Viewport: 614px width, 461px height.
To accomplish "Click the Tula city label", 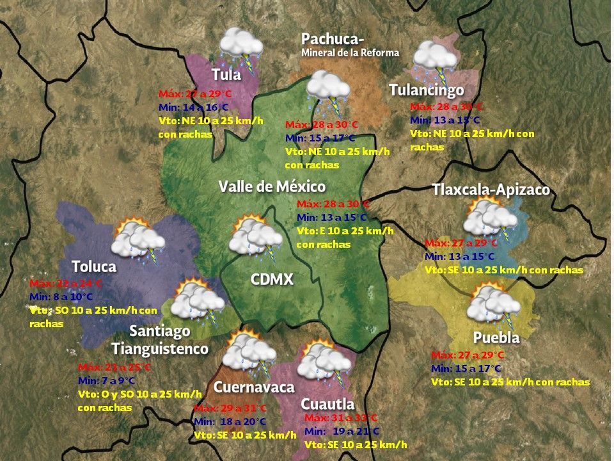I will coord(226,75).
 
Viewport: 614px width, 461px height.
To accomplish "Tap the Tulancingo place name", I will coord(427,90).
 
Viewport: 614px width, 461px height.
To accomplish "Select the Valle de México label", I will coord(272,187).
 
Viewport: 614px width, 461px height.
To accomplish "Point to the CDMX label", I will coord(272,280).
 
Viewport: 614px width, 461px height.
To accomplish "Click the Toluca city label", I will coord(94,266).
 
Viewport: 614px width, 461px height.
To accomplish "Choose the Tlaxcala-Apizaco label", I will coord(491,190).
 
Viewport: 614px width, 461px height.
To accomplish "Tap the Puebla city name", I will coord(496,337).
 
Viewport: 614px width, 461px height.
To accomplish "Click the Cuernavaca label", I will coord(254,387).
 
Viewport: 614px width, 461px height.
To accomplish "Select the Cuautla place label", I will coord(327,404).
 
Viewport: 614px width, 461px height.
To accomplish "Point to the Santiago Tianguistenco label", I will coord(160,340).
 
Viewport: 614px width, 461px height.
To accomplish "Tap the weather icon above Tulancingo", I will coord(435,59).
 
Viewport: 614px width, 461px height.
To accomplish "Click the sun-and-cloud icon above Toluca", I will coord(137,239).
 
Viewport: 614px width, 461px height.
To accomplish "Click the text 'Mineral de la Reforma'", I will coord(350,53).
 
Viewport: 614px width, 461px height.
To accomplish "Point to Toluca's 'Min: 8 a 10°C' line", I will coord(61,296).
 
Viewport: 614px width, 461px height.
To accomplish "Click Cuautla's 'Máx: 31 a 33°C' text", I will coord(341,418).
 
